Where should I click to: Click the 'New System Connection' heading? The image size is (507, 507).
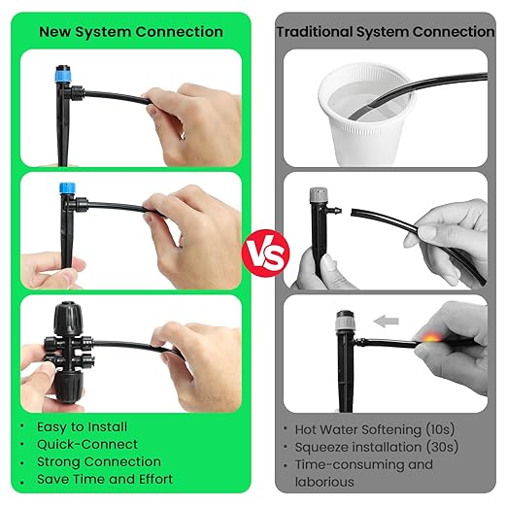point(131,32)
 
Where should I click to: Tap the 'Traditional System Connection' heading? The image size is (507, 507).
point(386,32)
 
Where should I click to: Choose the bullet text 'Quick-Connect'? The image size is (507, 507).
point(86,444)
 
